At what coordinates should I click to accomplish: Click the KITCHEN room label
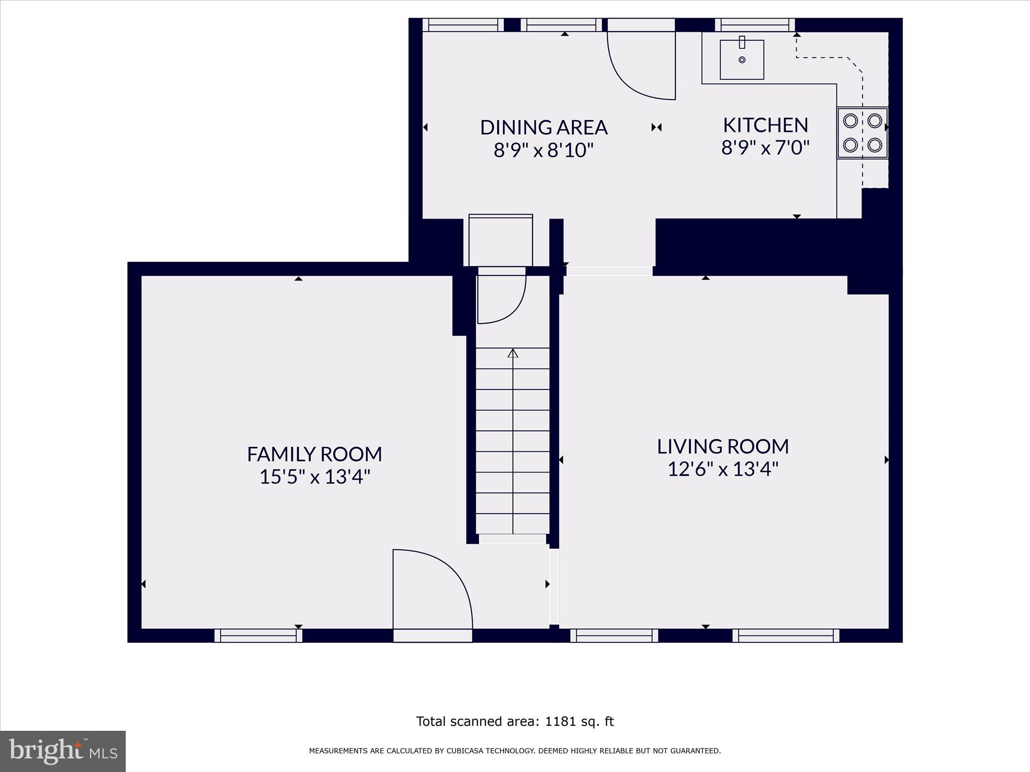[x=765, y=125]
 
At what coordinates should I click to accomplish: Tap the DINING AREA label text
[x=544, y=128]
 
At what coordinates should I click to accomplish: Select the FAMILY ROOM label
[x=314, y=454]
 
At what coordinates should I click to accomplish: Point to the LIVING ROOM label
[x=723, y=446]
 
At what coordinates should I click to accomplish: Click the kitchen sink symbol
[x=742, y=60]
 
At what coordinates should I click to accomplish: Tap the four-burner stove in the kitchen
[x=862, y=133]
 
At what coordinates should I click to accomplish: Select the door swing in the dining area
[x=641, y=65]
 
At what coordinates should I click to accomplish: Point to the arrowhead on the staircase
[x=512, y=353]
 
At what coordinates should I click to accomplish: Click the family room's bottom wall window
[x=259, y=636]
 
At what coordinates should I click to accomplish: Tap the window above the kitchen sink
[x=754, y=25]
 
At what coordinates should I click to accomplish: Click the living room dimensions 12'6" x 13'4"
[x=723, y=469]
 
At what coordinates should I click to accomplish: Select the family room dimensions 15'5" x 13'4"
[x=314, y=477]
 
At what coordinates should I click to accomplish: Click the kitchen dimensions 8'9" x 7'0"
[x=765, y=148]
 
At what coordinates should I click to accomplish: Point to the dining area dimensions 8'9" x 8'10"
[x=544, y=150]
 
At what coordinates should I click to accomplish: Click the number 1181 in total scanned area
[x=559, y=722]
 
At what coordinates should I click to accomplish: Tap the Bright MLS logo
[x=63, y=751]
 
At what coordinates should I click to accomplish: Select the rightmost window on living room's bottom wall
[x=786, y=636]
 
